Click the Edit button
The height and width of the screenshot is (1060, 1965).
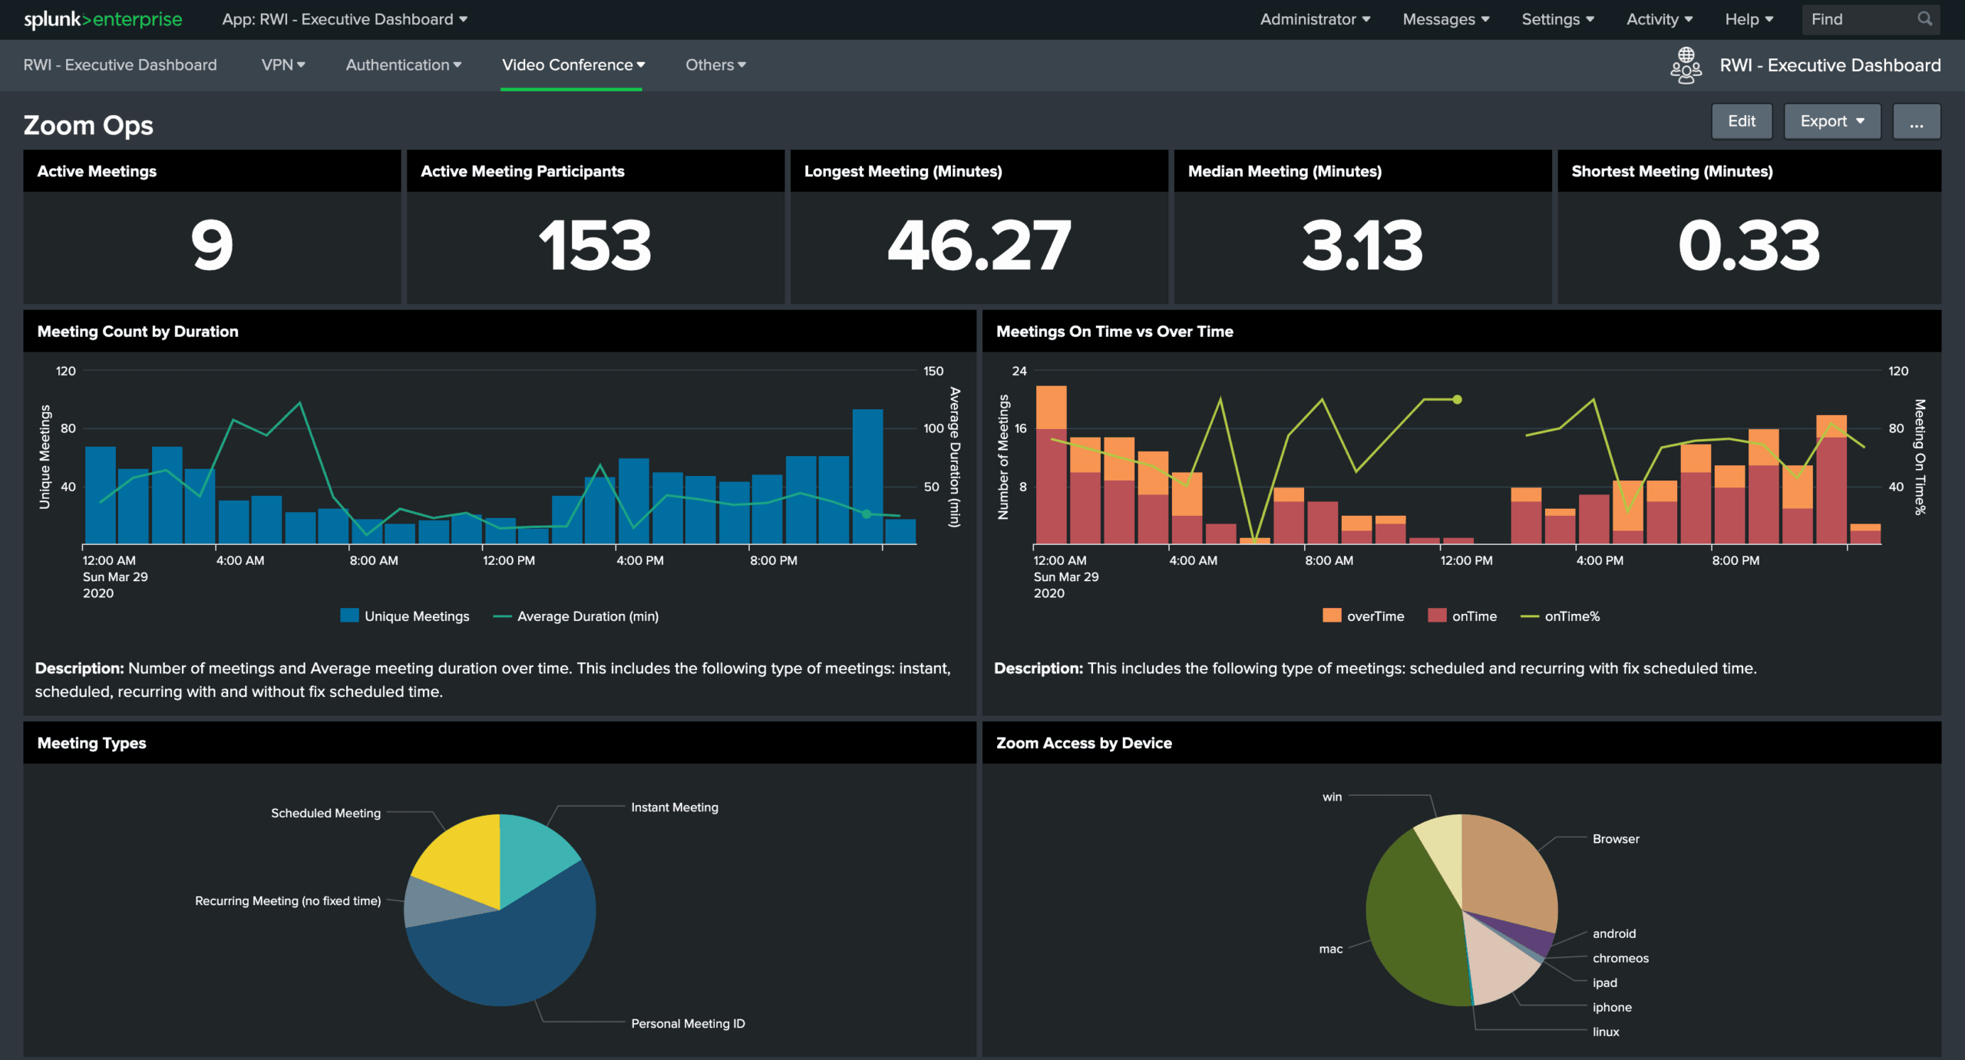(1741, 121)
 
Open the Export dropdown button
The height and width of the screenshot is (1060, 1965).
(1831, 121)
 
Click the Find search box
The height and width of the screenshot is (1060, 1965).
(1861, 19)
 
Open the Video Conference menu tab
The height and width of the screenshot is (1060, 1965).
(573, 65)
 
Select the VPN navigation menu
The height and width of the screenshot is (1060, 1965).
(282, 65)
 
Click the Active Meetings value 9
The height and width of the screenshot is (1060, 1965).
(212, 246)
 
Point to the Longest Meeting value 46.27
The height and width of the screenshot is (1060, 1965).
(979, 246)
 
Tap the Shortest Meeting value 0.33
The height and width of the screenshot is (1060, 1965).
(1749, 246)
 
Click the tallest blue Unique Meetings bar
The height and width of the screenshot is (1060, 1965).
(867, 476)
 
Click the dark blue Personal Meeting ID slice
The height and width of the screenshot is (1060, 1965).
(507, 959)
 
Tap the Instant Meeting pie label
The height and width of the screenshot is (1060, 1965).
(674, 807)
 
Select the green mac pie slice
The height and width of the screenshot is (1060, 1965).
(1409, 921)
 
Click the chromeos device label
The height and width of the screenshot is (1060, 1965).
(1620, 958)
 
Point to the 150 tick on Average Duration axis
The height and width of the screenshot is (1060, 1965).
(933, 371)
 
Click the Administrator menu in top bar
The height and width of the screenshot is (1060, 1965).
(1314, 19)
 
